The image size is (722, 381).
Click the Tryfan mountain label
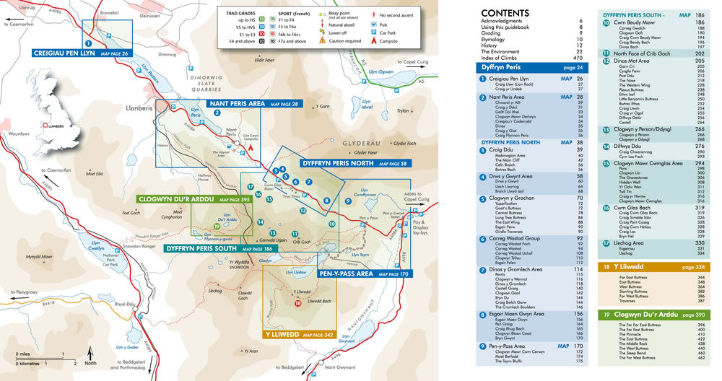point(403,111)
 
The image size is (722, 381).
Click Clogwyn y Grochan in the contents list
point(515,198)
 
